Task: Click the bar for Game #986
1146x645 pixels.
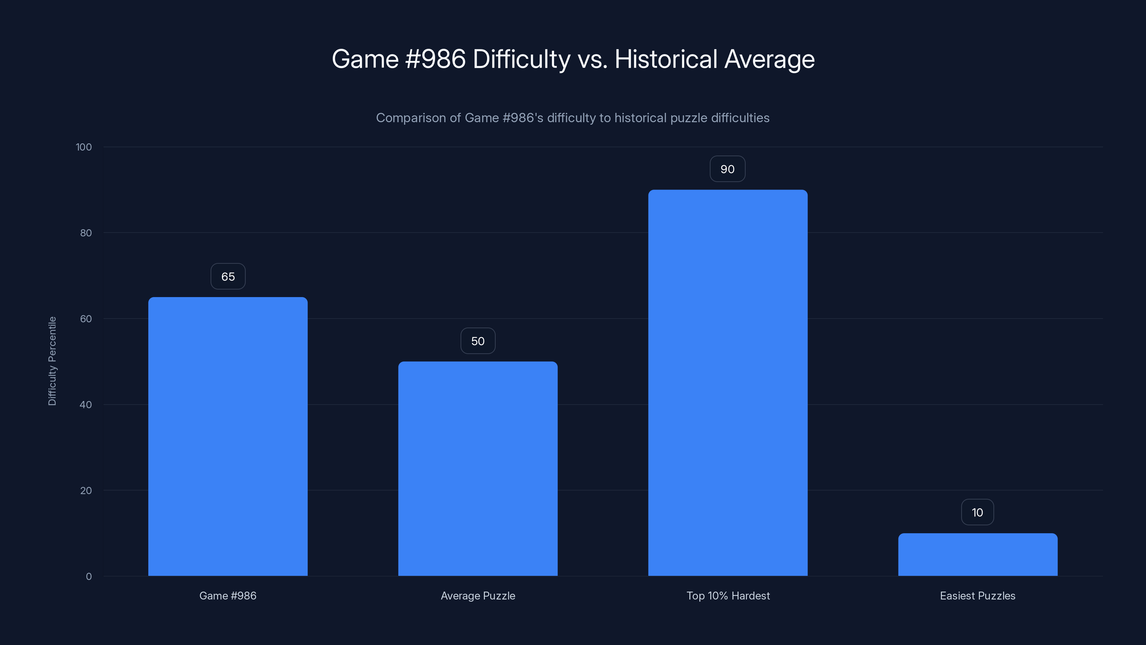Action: [228, 436]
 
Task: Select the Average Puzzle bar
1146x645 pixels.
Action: [478, 468]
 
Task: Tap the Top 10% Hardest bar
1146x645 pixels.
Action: [728, 383]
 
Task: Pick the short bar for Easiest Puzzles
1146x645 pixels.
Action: [977, 555]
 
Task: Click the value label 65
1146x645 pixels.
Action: [228, 276]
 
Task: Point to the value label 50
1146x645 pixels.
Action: [478, 341]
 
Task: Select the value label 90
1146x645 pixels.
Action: [727, 169]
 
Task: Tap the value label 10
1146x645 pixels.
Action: [977, 512]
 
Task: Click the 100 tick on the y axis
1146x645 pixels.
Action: [84, 147]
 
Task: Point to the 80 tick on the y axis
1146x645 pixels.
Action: [86, 233]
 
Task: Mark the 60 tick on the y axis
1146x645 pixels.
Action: [86, 319]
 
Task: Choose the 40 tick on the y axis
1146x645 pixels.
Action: [86, 405]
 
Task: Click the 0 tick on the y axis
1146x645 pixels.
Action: [88, 577]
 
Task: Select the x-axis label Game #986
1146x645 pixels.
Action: [228, 596]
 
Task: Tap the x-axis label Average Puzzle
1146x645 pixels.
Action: [478, 596]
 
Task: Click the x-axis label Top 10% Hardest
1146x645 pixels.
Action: [728, 596]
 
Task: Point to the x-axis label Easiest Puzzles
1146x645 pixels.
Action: [977, 596]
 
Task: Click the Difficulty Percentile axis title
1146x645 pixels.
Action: [52, 361]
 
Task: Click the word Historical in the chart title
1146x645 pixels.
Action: [665, 59]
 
